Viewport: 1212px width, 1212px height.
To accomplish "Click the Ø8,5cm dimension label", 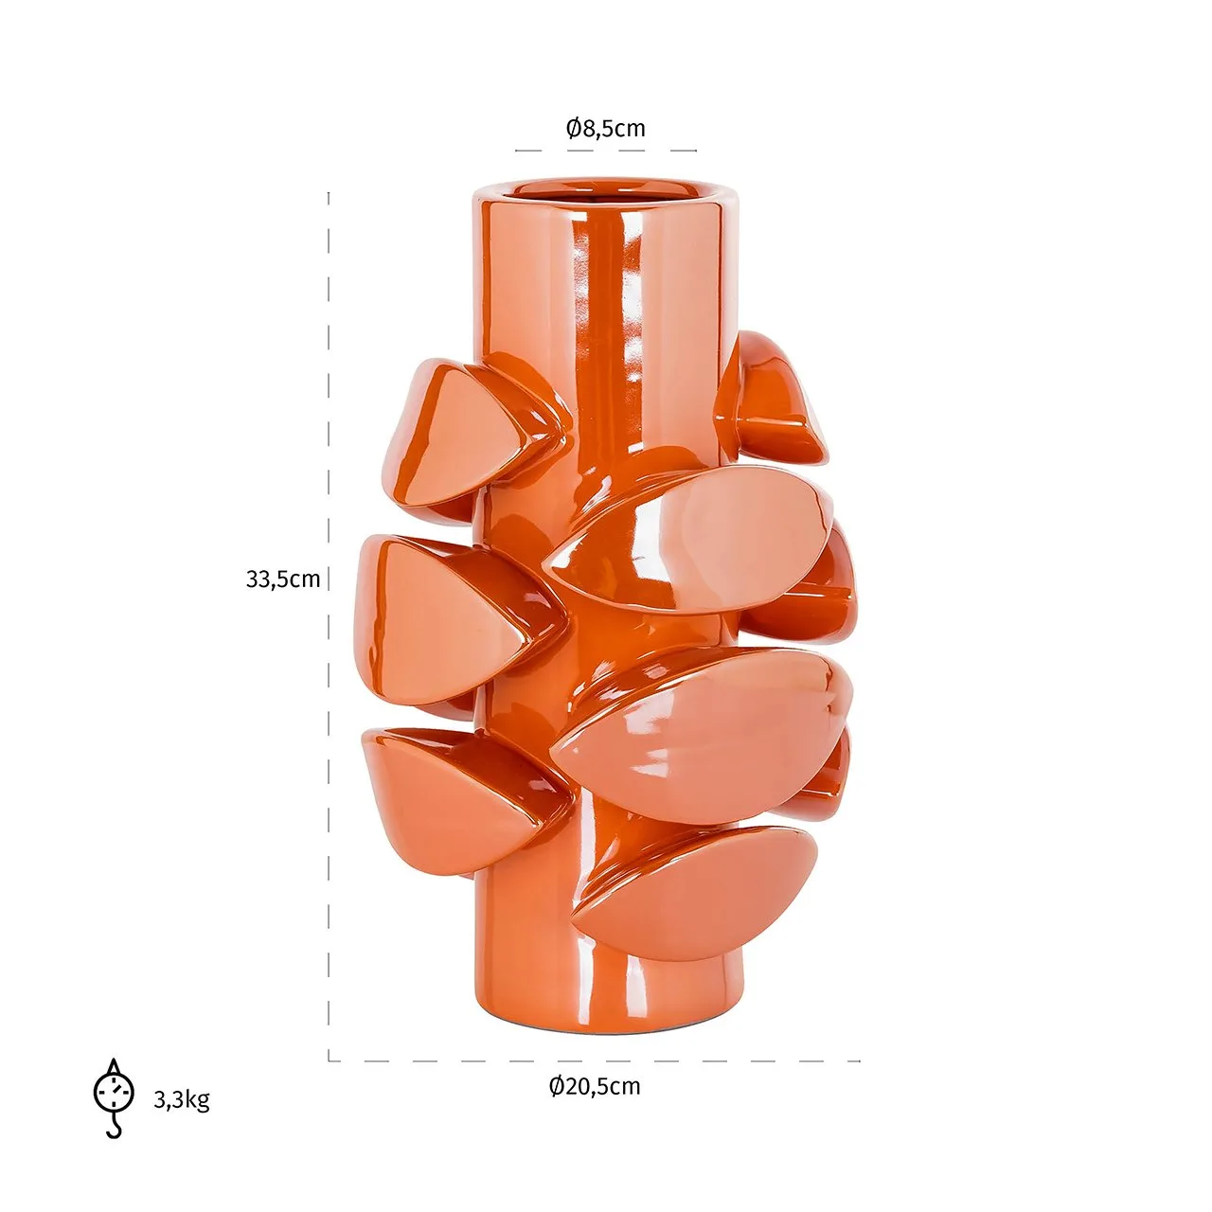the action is [605, 129].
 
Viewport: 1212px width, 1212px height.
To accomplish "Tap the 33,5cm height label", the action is [283, 579].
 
